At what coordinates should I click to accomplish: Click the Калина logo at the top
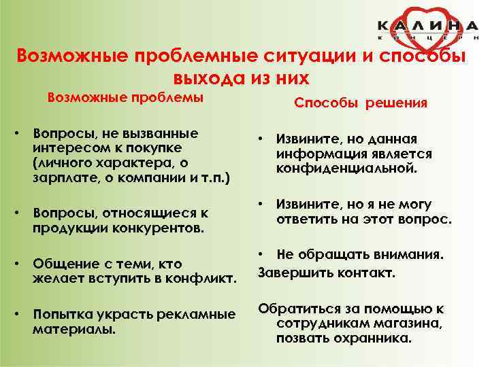428,29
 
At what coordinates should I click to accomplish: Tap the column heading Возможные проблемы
125,97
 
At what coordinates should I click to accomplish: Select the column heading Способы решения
361,103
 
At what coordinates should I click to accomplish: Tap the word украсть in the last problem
130,315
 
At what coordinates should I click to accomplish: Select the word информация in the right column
315,154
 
